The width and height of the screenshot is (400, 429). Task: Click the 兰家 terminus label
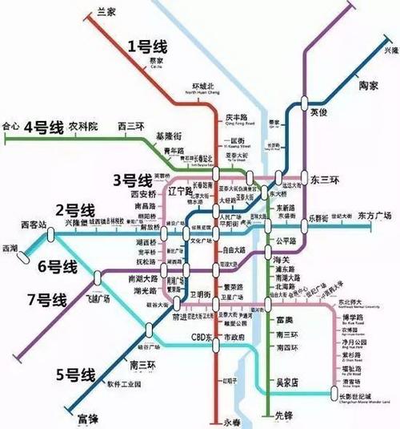coord(106,10)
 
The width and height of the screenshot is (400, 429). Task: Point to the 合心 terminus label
coord(10,126)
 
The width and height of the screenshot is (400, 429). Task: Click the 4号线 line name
coord(45,127)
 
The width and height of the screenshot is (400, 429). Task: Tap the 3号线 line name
coord(131,179)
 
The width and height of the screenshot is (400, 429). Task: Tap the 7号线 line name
coord(46,301)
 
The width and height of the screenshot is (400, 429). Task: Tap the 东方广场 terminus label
coord(374,216)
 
